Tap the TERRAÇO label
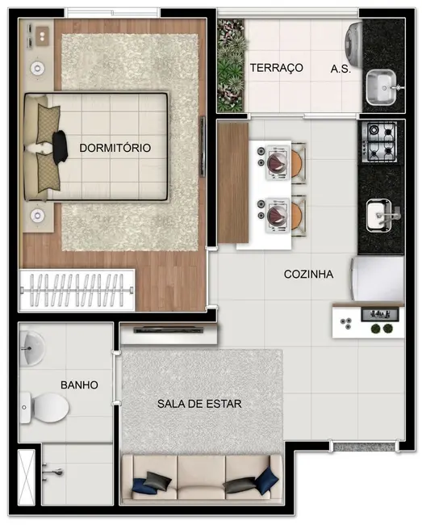click(x=276, y=68)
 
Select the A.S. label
click(x=341, y=69)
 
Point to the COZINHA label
click(x=308, y=274)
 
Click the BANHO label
click(x=79, y=385)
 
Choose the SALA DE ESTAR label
click(x=200, y=403)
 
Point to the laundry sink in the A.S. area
click(x=382, y=87)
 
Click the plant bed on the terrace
click(x=231, y=65)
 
